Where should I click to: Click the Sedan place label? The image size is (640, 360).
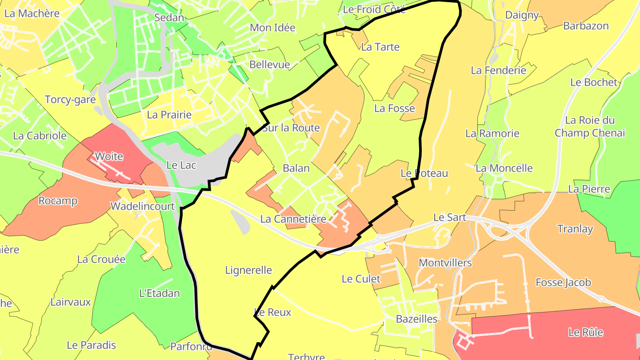click(x=169, y=18)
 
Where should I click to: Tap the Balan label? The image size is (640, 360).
click(x=296, y=168)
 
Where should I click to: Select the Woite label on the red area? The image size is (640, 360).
click(x=109, y=156)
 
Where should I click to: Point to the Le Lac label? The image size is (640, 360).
click(x=181, y=164)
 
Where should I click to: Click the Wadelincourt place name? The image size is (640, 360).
click(x=143, y=206)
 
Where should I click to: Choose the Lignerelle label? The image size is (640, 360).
click(x=248, y=270)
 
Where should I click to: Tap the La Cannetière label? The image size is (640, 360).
click(x=293, y=219)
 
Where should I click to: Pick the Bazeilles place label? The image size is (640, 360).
click(x=416, y=319)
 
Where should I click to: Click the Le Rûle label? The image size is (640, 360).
click(x=586, y=332)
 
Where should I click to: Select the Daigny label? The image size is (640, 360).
click(x=522, y=16)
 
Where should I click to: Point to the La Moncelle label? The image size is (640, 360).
click(x=504, y=168)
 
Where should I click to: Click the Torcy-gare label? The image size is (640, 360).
click(x=70, y=100)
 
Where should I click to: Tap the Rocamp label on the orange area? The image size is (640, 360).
click(x=58, y=201)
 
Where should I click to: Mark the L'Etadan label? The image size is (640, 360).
click(x=160, y=293)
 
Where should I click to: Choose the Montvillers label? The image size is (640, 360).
click(x=445, y=263)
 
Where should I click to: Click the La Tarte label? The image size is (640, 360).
click(x=380, y=47)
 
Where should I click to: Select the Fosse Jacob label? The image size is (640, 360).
click(x=563, y=282)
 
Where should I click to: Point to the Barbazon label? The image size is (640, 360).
click(x=586, y=26)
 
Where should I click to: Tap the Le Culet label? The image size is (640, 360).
click(x=361, y=279)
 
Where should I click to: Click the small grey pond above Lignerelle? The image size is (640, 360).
click(x=240, y=221)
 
